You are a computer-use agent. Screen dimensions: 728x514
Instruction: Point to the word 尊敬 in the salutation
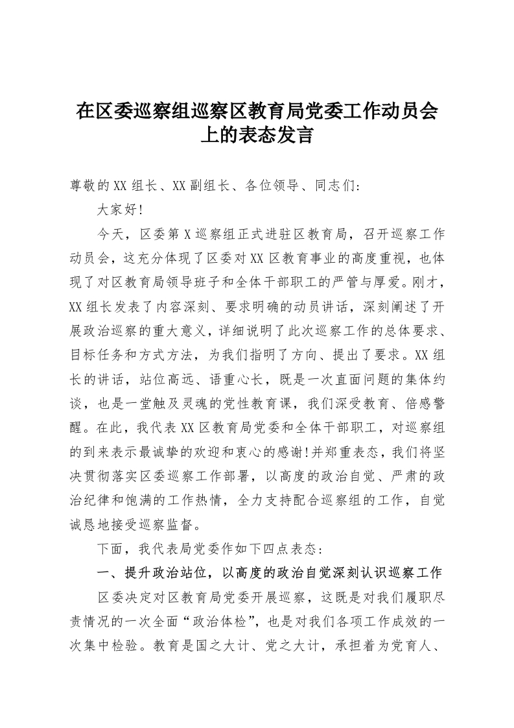(84, 186)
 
